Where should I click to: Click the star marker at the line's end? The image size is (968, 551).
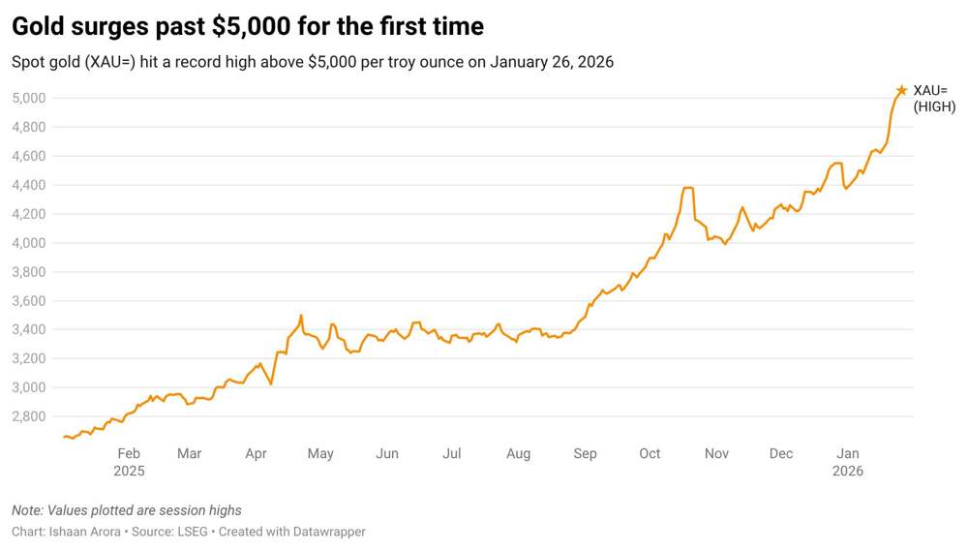click(901, 91)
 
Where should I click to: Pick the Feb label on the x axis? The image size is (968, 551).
click(129, 453)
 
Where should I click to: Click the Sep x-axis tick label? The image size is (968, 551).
click(585, 453)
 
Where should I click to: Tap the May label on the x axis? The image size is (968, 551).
click(320, 453)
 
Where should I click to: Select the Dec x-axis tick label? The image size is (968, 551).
click(781, 453)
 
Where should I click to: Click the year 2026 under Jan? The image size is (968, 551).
click(848, 471)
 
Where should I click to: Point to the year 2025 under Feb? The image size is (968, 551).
click(129, 471)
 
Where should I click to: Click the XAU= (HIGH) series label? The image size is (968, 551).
click(933, 99)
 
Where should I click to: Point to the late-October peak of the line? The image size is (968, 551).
click(688, 188)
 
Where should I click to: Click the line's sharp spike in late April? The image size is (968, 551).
click(301, 316)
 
